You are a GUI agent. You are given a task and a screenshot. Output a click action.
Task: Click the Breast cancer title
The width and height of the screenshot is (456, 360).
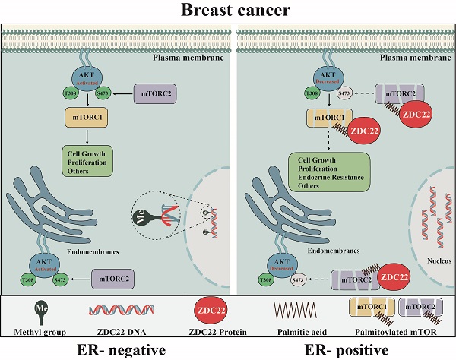click(x=228, y=11)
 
